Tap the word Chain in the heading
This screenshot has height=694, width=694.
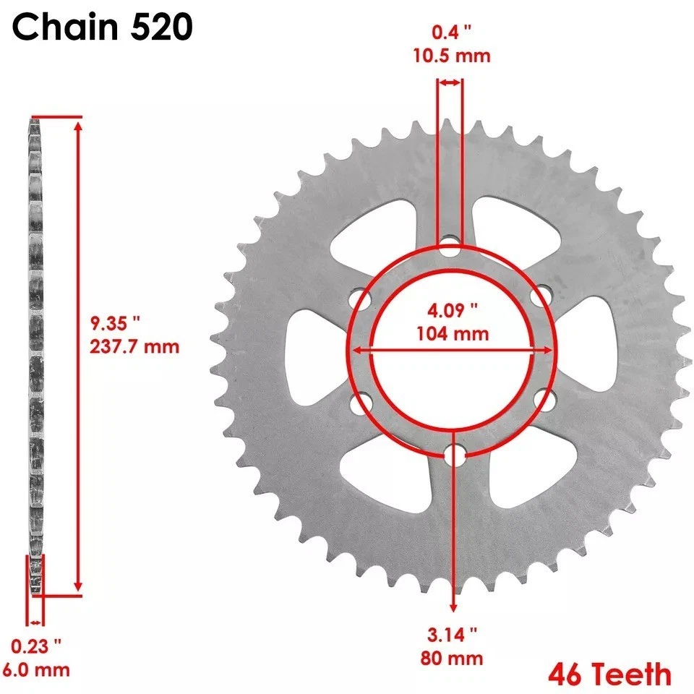tap(63, 28)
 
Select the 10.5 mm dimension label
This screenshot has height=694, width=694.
tap(453, 56)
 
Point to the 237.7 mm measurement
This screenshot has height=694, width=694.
tap(134, 346)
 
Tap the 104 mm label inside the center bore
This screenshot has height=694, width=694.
tap(453, 334)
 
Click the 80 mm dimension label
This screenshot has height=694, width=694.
tap(453, 659)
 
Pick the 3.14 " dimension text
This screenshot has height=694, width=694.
tap(453, 635)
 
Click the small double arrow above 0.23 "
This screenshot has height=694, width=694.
tap(36, 622)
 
